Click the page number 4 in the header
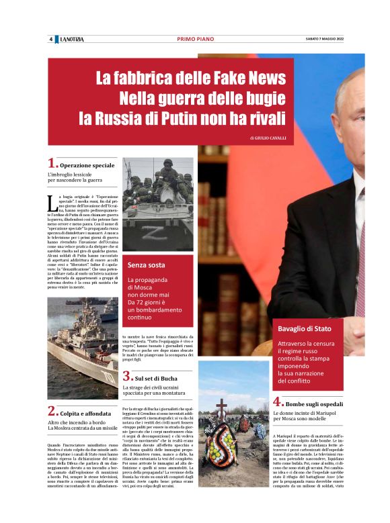(x=51, y=39)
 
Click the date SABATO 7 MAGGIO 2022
(x=319, y=39)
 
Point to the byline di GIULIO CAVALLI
(x=267, y=138)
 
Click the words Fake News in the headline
(x=229, y=77)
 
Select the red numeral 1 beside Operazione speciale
(x=51, y=163)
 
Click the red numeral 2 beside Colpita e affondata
(x=51, y=410)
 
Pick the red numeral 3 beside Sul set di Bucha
(x=126, y=376)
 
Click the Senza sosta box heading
(x=147, y=265)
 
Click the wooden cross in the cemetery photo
(x=221, y=409)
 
